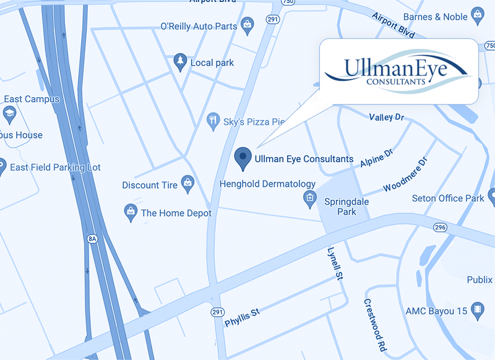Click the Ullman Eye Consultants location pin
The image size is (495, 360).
[243, 158]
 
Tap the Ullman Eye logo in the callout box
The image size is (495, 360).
[399, 71]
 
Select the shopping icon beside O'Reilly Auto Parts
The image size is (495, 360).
[247, 26]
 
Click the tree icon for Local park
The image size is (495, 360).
[180, 62]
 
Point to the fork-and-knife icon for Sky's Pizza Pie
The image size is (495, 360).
[213, 120]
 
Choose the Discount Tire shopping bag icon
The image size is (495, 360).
[187, 184]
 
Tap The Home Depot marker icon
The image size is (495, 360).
[131, 212]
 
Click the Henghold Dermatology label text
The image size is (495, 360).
[267, 184]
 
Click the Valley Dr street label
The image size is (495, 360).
[386, 117]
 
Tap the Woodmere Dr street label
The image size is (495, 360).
[405, 176]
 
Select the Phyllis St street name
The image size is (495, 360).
[242, 316]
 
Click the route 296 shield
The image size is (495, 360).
[440, 227]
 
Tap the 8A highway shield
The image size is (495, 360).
[93, 238]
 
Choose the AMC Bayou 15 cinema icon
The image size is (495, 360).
[476, 309]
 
